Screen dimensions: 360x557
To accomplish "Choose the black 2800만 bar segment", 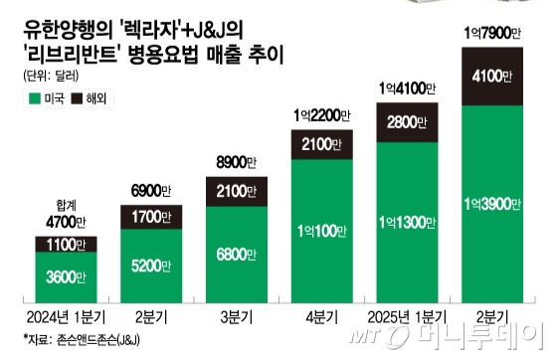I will (405, 123).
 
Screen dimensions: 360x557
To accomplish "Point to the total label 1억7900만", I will (490, 37).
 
